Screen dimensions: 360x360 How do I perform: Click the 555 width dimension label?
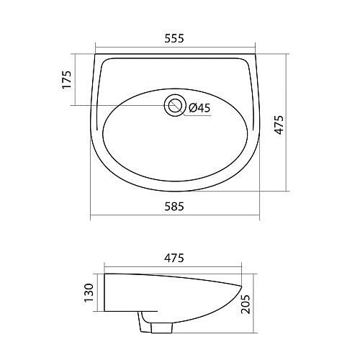point(174,39)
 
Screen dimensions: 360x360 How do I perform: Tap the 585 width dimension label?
point(174,207)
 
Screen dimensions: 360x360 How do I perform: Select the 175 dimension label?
point(67,80)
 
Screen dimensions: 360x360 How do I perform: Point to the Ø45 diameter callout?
point(199,108)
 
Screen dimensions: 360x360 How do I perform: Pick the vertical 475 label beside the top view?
point(279,125)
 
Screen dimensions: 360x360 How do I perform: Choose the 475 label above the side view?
point(174,258)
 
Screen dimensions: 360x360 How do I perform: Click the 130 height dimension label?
point(89,293)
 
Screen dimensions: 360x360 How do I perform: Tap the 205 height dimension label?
point(246,304)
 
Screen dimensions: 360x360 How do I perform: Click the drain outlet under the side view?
point(162,328)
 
